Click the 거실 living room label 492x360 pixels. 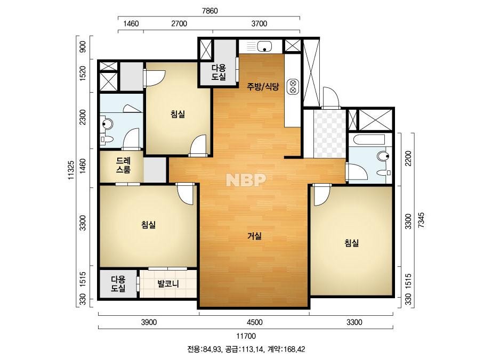click(254, 236)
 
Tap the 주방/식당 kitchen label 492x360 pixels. click(263, 87)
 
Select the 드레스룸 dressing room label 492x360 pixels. click(123, 165)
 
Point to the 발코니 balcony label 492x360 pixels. click(168, 284)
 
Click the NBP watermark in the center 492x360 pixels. click(246, 179)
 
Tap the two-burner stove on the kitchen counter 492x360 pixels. click(293, 87)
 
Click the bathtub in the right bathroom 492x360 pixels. click(369, 140)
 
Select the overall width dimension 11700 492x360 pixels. click(246, 336)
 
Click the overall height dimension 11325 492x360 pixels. click(71, 170)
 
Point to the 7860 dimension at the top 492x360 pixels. click(209, 11)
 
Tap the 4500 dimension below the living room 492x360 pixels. click(254, 322)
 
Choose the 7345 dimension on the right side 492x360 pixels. click(421, 220)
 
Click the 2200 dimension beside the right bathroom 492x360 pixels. click(408, 159)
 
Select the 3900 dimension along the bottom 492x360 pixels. click(149, 322)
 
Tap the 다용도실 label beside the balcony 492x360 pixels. click(118, 284)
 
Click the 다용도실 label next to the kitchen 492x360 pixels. click(219, 72)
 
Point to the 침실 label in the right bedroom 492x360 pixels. click(351, 243)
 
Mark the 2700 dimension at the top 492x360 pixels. click(179, 23)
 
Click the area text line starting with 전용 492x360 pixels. click(246, 349)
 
